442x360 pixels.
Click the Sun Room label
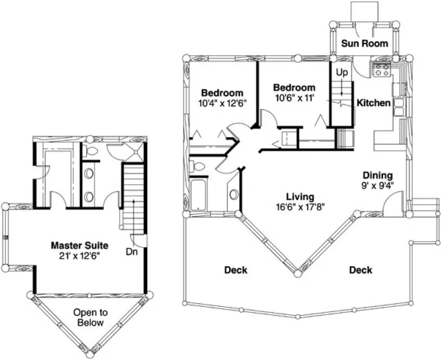pos(364,43)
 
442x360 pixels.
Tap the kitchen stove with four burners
pos(381,69)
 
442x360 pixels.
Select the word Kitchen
pos(373,102)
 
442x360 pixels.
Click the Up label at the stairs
pos(341,72)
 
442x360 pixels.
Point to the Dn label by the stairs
pos(131,252)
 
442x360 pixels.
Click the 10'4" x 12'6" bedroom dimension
pos(222,102)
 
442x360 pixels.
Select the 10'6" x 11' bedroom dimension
pos(294,98)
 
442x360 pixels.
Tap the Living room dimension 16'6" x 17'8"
pos(300,206)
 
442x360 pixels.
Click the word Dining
pos(378,175)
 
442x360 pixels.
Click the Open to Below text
pos(90,317)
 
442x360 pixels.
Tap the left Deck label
pos(236,269)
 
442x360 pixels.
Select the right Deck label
pos(360,269)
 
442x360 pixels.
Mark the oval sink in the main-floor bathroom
pos(233,194)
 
